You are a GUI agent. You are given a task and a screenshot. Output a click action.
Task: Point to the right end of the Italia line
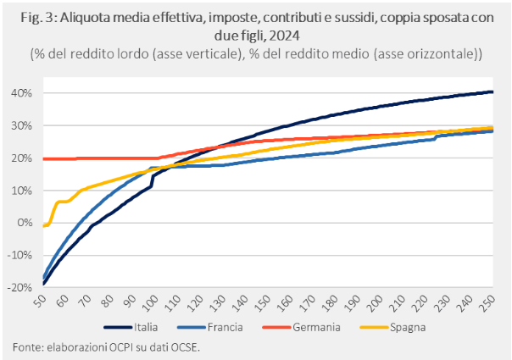(493, 92)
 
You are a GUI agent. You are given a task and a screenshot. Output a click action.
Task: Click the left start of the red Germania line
(43, 158)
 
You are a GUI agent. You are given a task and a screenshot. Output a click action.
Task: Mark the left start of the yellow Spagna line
(43, 225)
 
